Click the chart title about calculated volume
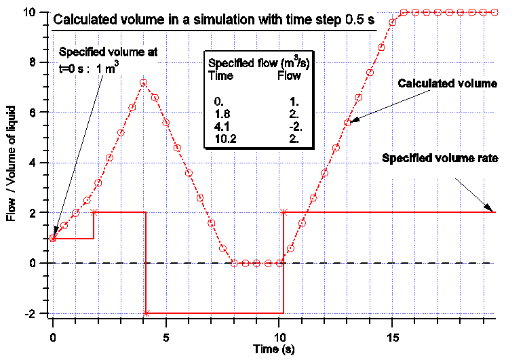214,20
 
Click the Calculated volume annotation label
448,84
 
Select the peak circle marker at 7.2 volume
143,83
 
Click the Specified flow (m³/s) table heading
252,64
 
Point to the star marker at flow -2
146,313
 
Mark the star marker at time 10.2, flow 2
284,212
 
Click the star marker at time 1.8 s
94,212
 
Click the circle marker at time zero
53,238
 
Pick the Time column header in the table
220,76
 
